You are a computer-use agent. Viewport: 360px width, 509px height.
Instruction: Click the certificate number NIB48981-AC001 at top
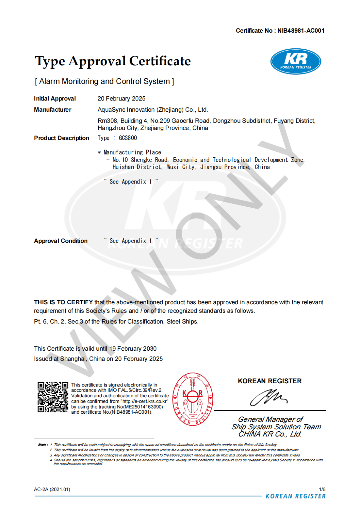[x=301, y=31]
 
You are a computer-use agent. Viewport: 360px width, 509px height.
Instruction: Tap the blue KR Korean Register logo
[x=296, y=61]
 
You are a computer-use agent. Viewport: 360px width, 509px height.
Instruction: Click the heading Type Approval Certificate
[x=113, y=61]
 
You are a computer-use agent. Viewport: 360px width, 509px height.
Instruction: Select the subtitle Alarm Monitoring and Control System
[x=105, y=81]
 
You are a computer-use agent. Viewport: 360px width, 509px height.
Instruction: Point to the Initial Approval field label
[x=55, y=99]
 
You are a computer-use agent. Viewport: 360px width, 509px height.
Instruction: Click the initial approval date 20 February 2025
[x=122, y=99]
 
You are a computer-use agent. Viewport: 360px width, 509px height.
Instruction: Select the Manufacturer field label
[x=53, y=110]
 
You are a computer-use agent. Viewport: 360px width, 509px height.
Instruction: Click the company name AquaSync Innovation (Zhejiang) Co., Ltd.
[x=153, y=110]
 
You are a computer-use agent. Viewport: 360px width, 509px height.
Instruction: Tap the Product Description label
[x=61, y=138]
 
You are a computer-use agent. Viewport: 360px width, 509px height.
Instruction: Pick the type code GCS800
[x=128, y=138]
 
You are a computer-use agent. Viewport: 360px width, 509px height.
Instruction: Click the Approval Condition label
[x=61, y=241]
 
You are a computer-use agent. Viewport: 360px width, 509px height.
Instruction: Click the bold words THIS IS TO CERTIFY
[x=63, y=302]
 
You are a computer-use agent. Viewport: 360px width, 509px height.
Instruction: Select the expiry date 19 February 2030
[x=133, y=349]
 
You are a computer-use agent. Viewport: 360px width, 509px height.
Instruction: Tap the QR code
[x=53, y=397]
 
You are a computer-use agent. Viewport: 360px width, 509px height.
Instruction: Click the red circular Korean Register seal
[x=193, y=399]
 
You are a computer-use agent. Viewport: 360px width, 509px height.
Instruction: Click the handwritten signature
[x=269, y=397]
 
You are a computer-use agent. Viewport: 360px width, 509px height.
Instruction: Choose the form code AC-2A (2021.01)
[x=52, y=489]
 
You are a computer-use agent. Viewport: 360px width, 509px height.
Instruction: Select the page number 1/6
[x=322, y=489]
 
